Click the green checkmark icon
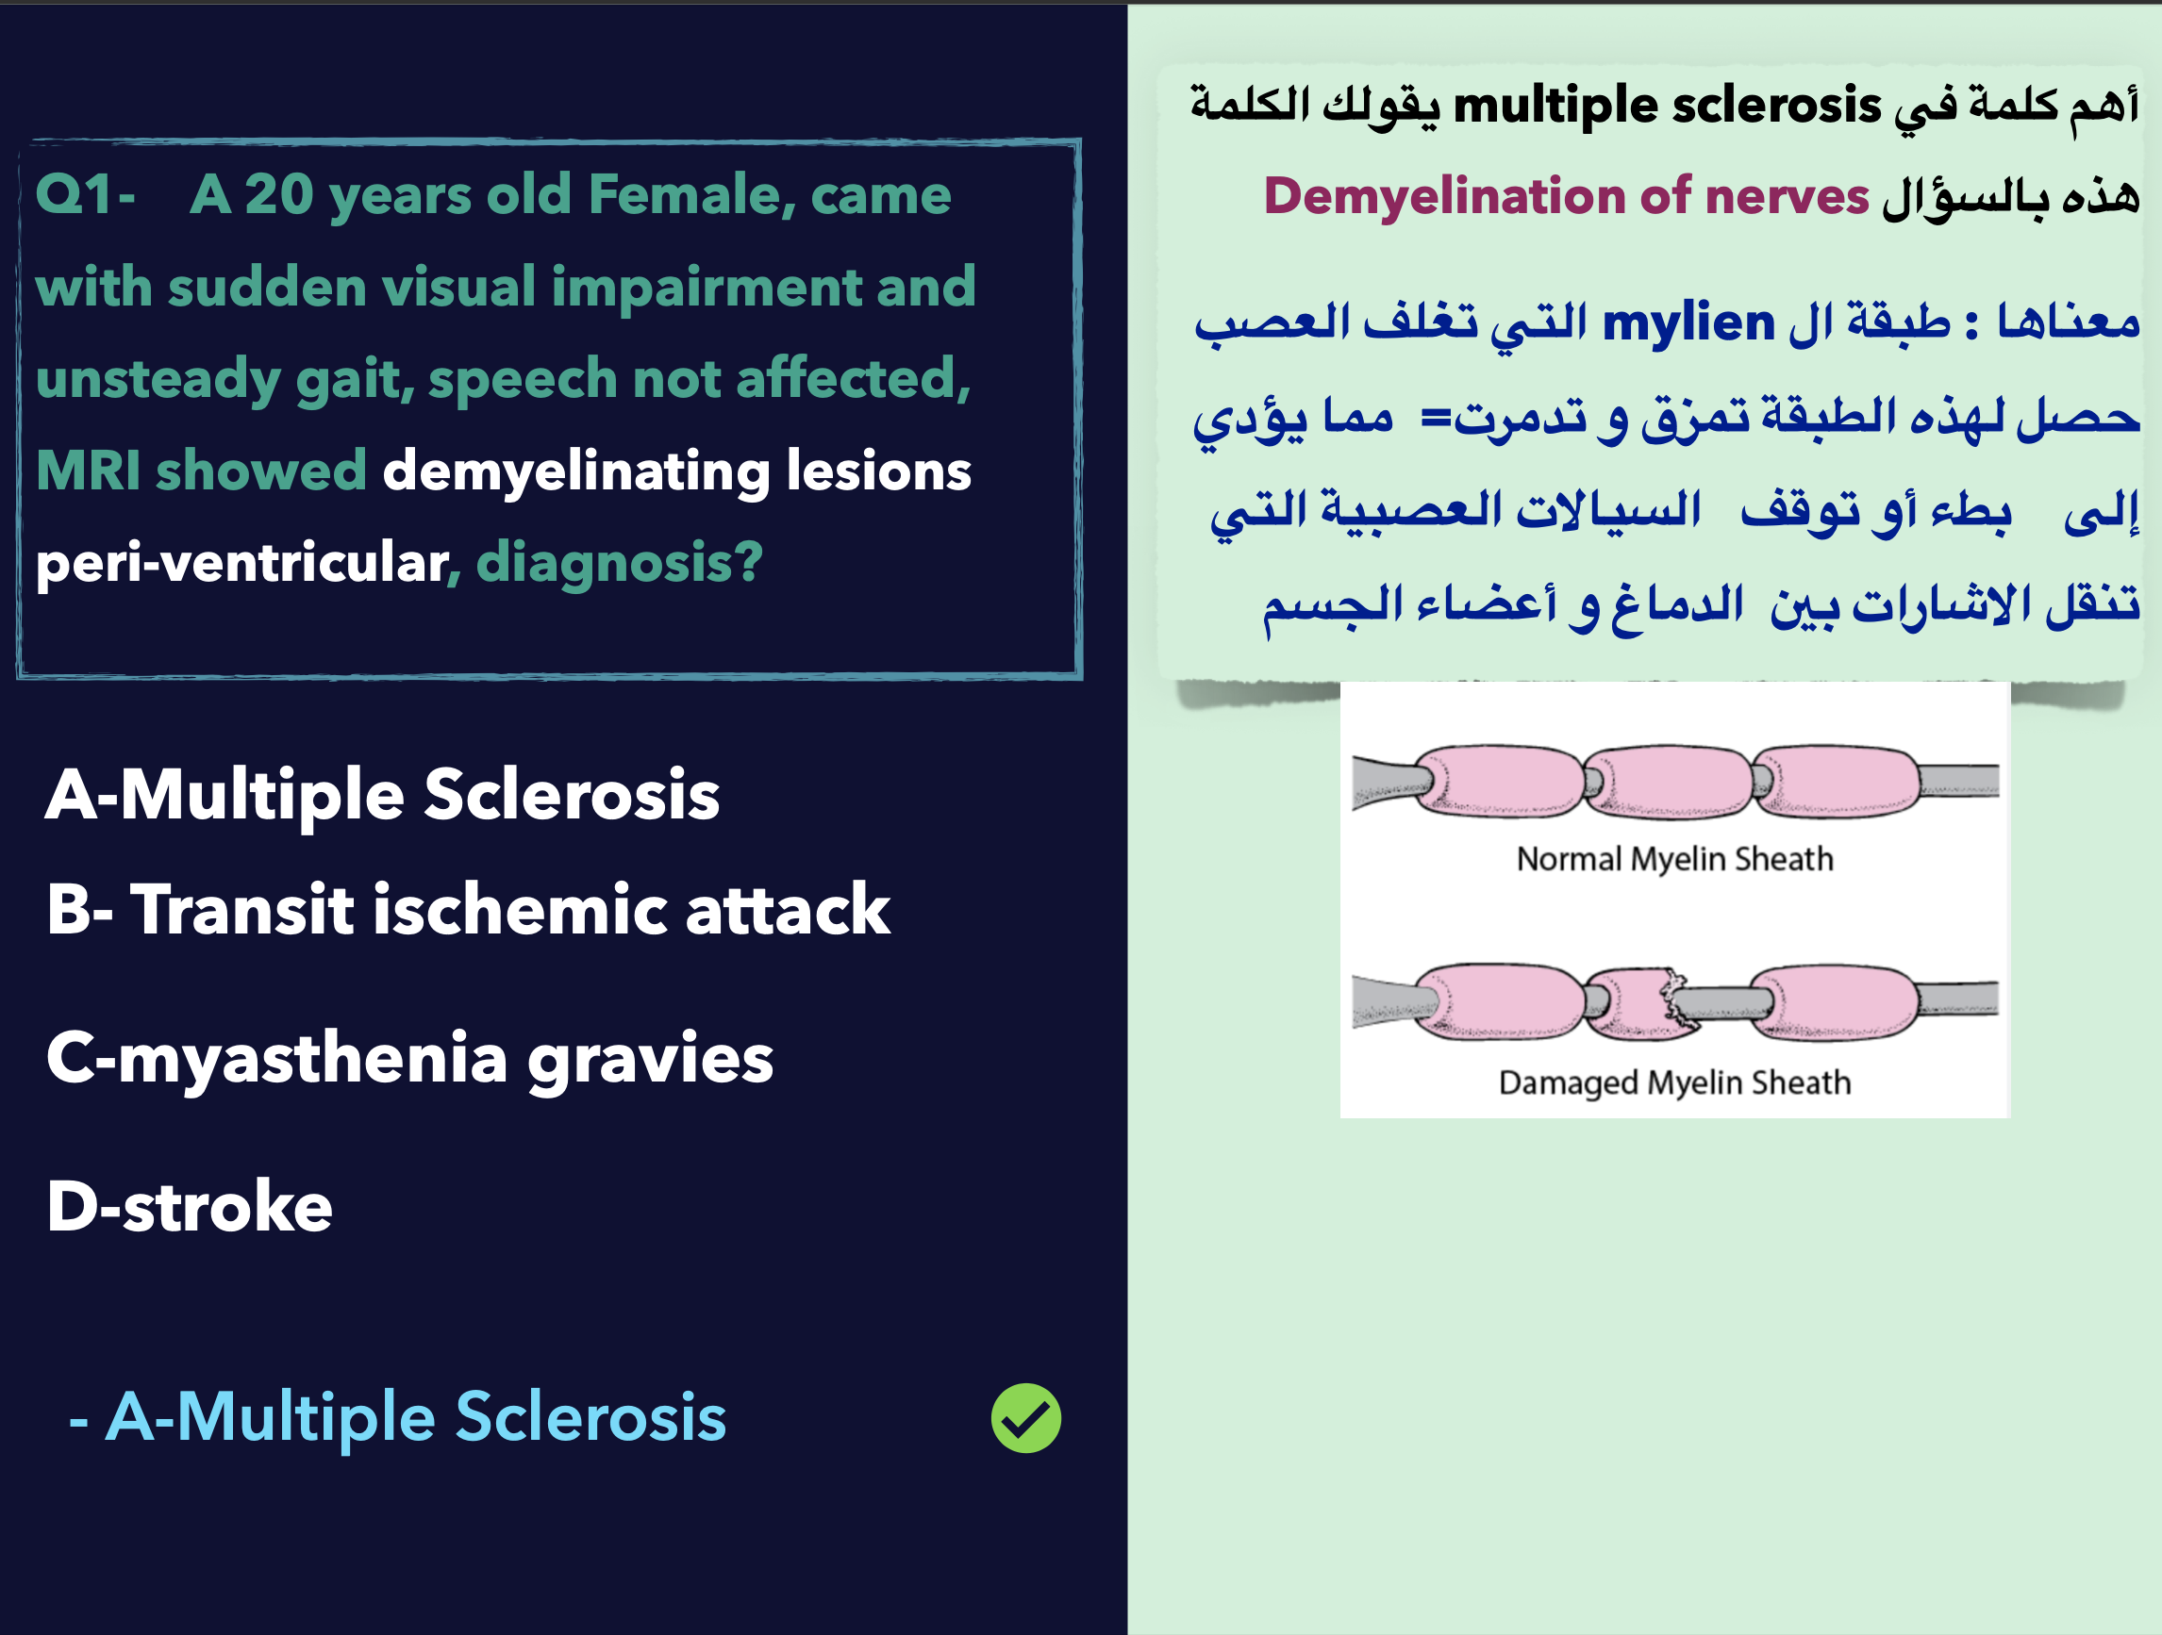click(1026, 1418)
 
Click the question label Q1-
click(85, 195)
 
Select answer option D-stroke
click(190, 1206)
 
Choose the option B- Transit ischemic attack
click(468, 910)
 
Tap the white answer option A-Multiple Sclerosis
click(382, 796)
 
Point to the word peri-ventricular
click(241, 564)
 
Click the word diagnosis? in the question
click(619, 564)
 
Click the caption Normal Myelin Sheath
click(1675, 859)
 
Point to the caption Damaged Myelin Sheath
click(1675, 1082)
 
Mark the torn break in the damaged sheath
click(1674, 999)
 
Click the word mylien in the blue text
click(1688, 322)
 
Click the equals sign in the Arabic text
click(1436, 419)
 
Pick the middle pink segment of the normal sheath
click(1668, 781)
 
